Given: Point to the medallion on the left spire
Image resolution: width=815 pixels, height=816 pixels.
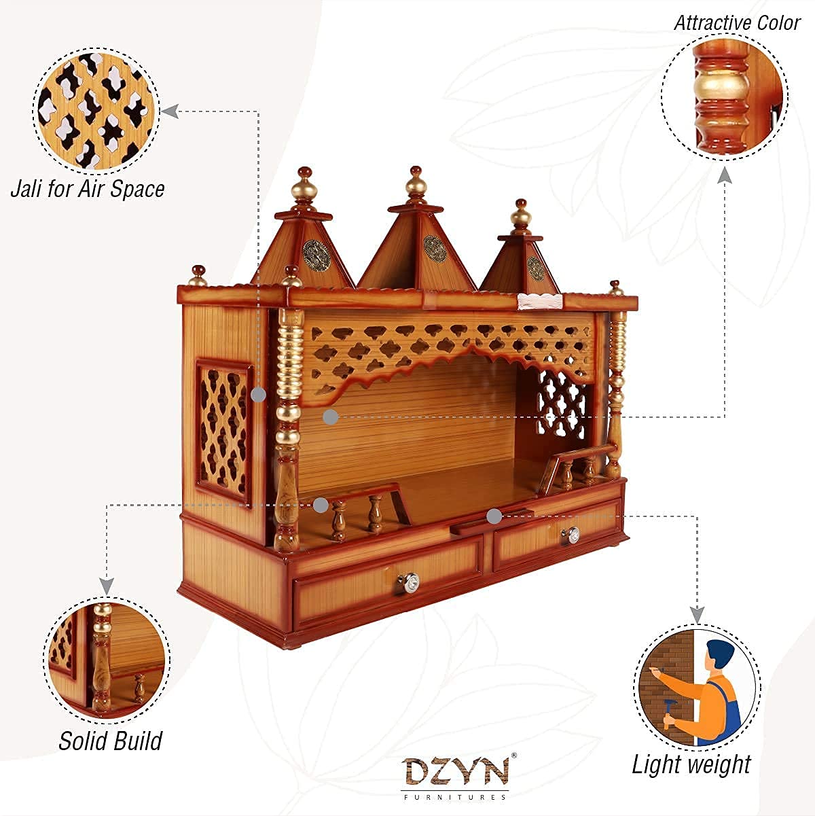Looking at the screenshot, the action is tap(312, 250).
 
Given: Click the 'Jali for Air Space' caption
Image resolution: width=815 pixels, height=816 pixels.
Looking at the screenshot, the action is tap(88, 188).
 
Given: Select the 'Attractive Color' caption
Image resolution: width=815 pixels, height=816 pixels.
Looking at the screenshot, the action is tap(737, 22).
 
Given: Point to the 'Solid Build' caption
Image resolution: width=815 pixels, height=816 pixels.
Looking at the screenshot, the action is tap(110, 740).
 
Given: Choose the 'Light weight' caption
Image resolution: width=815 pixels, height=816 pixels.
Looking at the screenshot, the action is tap(691, 764).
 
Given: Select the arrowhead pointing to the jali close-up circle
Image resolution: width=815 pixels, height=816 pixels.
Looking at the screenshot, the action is tap(170, 111).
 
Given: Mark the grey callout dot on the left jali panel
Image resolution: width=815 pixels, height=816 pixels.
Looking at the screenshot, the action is tap(258, 395).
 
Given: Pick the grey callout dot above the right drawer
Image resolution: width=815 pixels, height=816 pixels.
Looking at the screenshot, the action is tap(494, 516).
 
